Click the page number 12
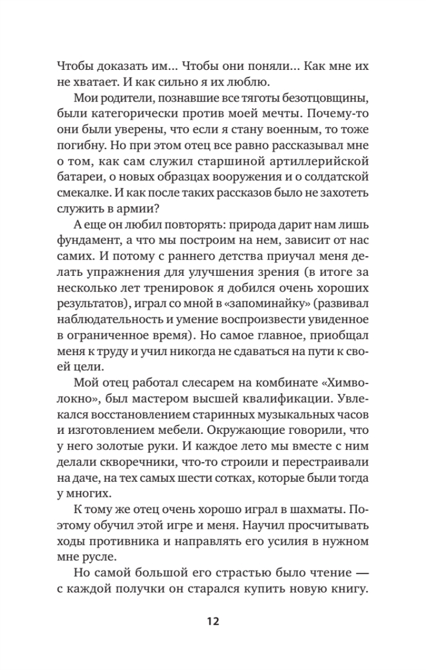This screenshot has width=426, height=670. click(212, 622)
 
